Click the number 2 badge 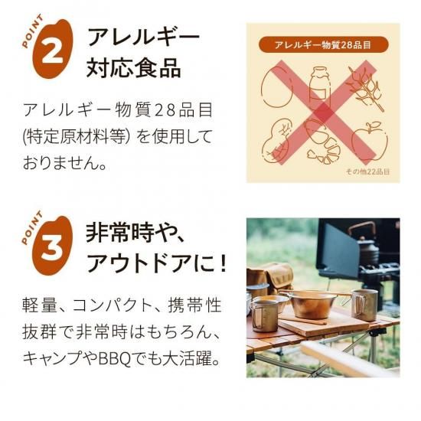(x=53, y=49)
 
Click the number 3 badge (x=53, y=246)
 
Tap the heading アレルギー (x=143, y=38)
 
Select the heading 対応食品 (x=133, y=68)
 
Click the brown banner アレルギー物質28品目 (x=323, y=45)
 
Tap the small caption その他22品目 (x=367, y=171)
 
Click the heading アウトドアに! (x=157, y=264)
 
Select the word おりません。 (x=65, y=163)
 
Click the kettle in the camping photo (x=363, y=242)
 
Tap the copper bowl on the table (x=313, y=303)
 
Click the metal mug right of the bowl (x=364, y=305)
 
